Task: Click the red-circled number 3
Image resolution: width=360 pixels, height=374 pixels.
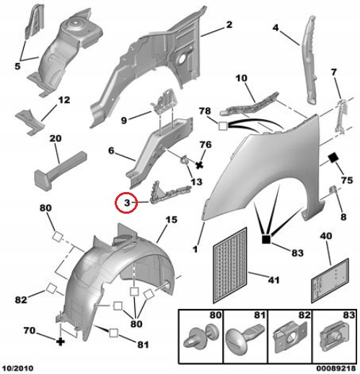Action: [127, 203]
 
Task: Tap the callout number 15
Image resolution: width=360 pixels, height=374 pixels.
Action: [171, 219]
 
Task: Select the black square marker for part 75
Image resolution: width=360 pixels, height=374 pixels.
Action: [333, 158]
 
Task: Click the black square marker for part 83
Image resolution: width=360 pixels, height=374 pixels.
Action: [266, 239]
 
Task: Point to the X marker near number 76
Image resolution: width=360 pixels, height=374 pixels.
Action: [199, 165]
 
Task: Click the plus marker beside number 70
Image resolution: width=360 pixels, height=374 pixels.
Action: [61, 342]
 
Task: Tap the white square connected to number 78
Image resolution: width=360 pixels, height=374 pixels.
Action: [223, 126]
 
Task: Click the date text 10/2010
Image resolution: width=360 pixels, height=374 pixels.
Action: [18, 368]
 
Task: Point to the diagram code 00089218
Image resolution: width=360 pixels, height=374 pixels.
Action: [335, 368]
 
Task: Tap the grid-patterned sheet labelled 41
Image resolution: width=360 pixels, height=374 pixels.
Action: [230, 265]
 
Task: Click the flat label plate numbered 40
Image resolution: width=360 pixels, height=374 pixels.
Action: [330, 281]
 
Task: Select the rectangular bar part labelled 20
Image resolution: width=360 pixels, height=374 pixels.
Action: [61, 168]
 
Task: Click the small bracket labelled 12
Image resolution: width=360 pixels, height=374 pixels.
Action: [30, 121]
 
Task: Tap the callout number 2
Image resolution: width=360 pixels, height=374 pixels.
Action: [229, 25]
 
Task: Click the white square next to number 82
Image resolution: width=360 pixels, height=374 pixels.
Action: [51, 288]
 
